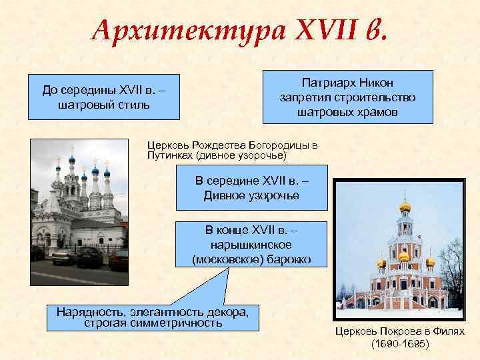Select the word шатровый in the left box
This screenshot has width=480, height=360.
point(83,105)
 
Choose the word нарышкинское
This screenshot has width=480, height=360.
point(251,245)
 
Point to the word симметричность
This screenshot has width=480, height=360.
point(176,323)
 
